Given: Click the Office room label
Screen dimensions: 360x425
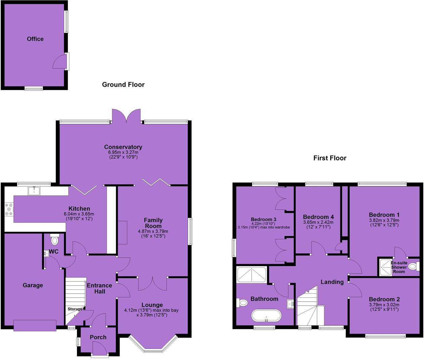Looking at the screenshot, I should [35, 39].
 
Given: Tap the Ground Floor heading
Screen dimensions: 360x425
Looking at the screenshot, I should [123, 85].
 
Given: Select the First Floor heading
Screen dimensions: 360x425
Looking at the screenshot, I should [330, 158].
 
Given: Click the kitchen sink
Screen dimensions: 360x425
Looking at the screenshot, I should [34, 191].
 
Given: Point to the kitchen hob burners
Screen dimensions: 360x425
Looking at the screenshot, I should [9, 209].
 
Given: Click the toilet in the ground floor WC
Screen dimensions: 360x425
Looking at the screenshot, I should [54, 240].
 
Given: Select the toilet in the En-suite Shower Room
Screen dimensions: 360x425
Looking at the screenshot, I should [414, 267].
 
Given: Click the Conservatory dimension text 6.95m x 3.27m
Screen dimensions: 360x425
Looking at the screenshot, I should [123, 152].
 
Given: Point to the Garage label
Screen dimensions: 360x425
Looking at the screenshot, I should [33, 285].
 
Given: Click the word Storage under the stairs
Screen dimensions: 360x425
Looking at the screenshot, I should [75, 309].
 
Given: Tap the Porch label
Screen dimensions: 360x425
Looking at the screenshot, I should [98, 337].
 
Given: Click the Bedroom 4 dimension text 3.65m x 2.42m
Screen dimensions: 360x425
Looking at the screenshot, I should [318, 222].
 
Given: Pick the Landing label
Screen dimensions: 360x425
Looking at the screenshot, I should [332, 282].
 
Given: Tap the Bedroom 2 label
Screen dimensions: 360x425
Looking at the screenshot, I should [384, 299].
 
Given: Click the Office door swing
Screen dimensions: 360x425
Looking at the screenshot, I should [59, 62].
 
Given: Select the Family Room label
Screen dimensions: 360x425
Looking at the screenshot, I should [153, 223].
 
